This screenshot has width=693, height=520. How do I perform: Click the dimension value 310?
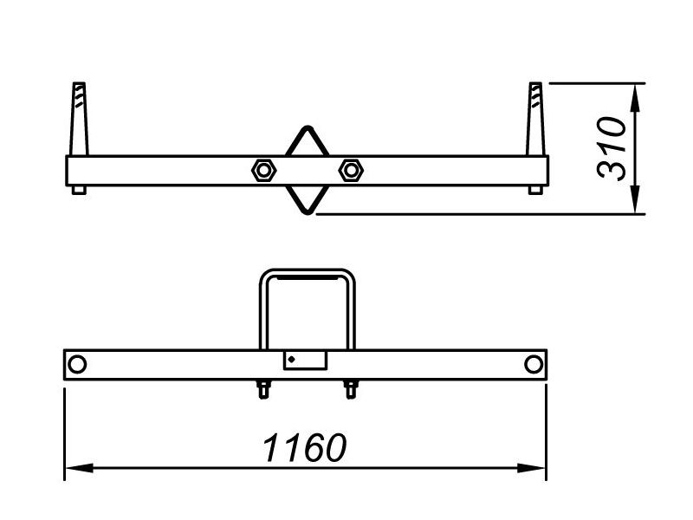(x=612, y=148)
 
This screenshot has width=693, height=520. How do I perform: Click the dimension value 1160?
(x=305, y=447)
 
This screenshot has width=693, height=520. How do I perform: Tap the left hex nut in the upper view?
(x=264, y=170)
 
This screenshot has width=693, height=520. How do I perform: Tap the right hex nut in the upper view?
(x=351, y=170)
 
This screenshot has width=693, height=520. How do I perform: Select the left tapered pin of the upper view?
(x=79, y=119)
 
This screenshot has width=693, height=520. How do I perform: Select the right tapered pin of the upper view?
(x=535, y=119)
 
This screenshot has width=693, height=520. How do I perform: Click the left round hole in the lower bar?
(x=77, y=364)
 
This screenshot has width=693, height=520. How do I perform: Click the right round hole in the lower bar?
(x=534, y=364)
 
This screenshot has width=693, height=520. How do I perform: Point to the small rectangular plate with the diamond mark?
(x=305, y=361)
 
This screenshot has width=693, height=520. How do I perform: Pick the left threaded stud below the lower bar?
(x=263, y=389)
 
